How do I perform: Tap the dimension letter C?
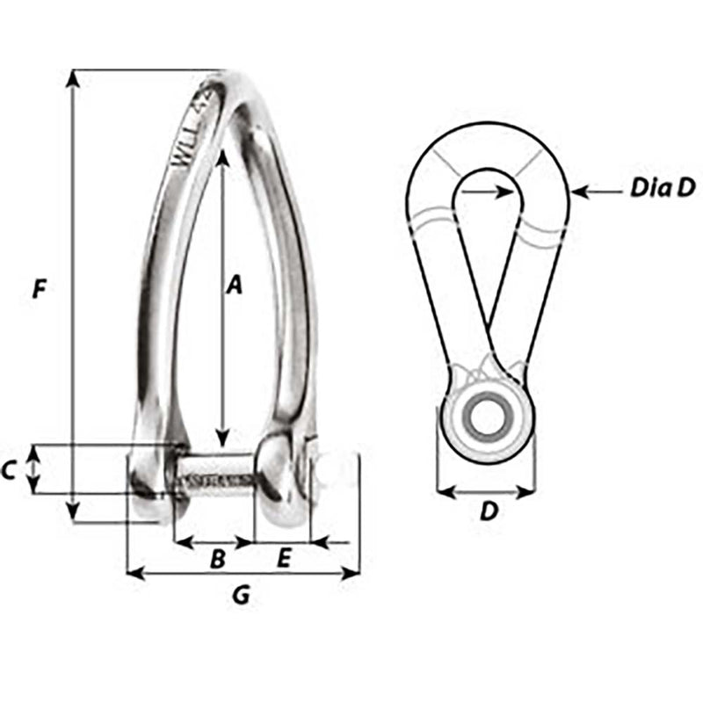pyautogui.click(x=8, y=471)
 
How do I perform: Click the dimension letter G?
pyautogui.click(x=241, y=596)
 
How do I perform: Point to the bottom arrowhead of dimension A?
pyautogui.click(x=223, y=438)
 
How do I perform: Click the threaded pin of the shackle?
pyautogui.click(x=216, y=478)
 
